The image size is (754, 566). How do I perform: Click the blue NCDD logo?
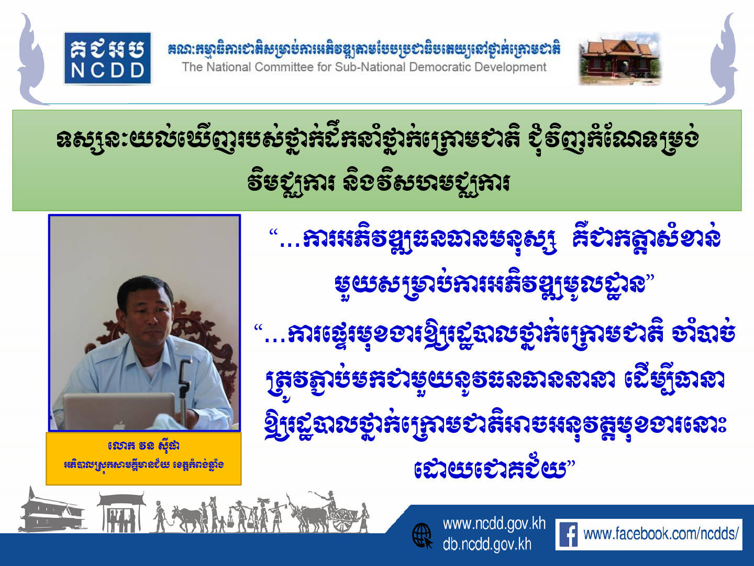point(107,58)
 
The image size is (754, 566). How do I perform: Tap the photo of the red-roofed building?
point(620,58)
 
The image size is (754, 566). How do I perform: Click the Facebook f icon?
point(569,535)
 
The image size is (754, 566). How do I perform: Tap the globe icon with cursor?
point(422,536)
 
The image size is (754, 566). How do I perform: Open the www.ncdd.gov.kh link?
point(494,524)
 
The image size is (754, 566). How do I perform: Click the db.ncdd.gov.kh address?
point(487,545)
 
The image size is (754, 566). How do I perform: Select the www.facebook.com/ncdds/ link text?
point(661,535)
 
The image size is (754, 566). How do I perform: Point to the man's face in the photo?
point(146,311)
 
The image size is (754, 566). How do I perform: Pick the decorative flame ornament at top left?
point(31,58)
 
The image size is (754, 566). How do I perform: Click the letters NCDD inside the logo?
point(107,71)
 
